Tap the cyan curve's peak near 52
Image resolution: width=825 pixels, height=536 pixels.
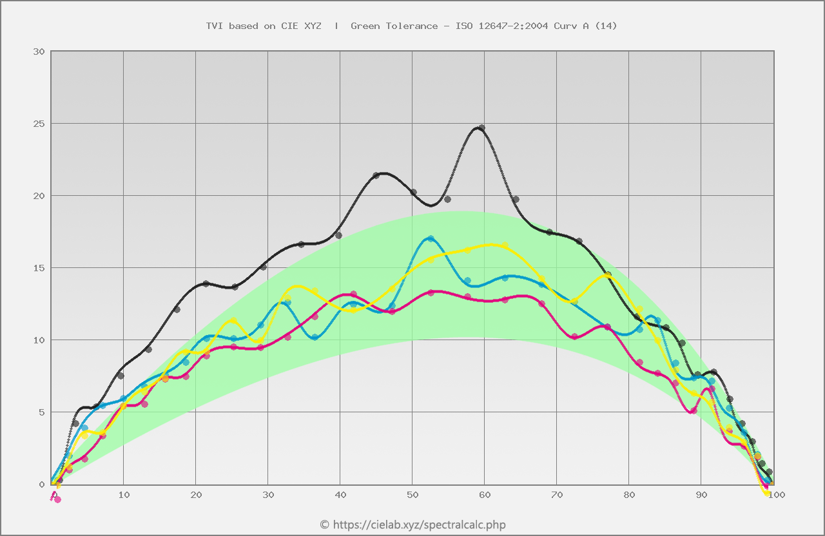click(x=430, y=238)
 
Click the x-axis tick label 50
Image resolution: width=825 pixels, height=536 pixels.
click(x=412, y=495)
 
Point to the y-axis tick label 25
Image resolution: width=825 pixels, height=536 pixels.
click(x=38, y=124)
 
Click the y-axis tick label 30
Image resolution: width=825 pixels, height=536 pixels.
click(x=38, y=52)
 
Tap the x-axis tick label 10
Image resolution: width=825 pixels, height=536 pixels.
click(x=124, y=495)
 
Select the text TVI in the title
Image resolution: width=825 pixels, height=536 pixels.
click(x=214, y=26)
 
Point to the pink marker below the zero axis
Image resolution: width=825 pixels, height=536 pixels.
click(x=57, y=499)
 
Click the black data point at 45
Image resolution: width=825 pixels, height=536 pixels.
click(x=376, y=175)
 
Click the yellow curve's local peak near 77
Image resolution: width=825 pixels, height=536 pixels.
click(x=608, y=275)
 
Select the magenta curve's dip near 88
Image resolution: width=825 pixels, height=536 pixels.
click(x=693, y=410)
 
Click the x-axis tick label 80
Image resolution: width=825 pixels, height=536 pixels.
click(x=629, y=495)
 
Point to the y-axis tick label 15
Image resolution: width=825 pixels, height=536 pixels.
click(x=38, y=268)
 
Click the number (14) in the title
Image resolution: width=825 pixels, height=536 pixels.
click(x=605, y=26)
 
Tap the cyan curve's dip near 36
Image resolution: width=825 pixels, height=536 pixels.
click(x=314, y=337)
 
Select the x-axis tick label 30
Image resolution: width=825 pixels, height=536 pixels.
click(x=268, y=495)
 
